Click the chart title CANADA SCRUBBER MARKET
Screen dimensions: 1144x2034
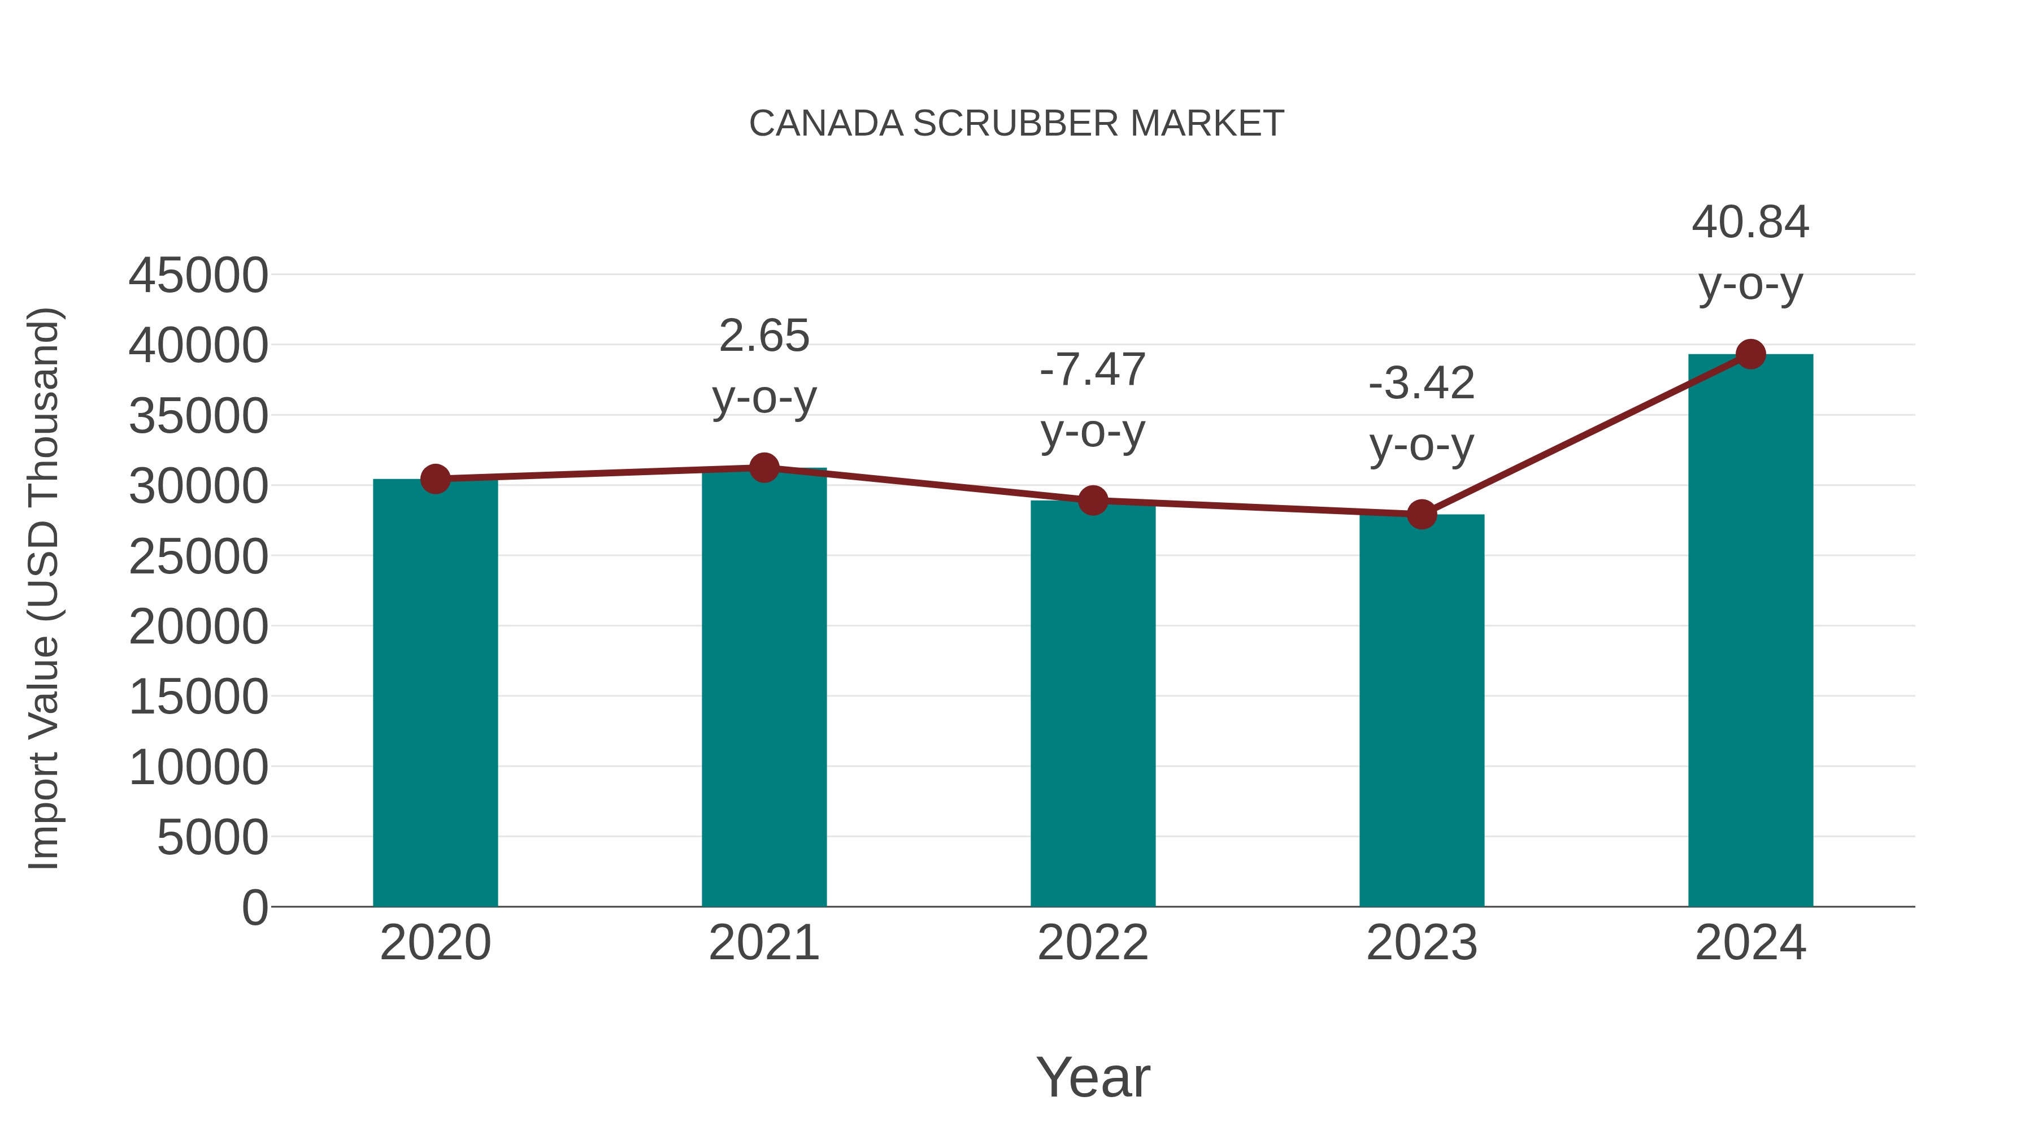coord(1016,124)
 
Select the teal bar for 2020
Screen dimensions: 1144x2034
coord(435,695)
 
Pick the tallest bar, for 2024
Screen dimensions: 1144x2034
coord(1750,632)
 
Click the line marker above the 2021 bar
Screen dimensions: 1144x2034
coord(763,468)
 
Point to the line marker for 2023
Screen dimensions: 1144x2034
coord(1422,515)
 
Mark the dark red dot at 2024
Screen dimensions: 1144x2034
coord(1750,354)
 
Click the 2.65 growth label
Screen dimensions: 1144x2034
coord(763,336)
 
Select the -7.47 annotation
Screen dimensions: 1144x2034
coord(1093,370)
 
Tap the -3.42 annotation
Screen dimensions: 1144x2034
coord(1422,385)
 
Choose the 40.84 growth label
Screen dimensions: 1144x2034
coord(1750,223)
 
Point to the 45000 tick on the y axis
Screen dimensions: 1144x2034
coord(198,276)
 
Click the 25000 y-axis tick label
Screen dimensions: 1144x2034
coord(198,558)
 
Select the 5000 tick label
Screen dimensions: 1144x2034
coord(212,838)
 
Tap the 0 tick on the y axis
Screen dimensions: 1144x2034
coord(255,907)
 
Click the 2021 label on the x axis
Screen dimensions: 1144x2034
coord(763,943)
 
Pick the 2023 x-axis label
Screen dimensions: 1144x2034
coord(1422,943)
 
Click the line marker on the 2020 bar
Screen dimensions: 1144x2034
coord(435,479)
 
